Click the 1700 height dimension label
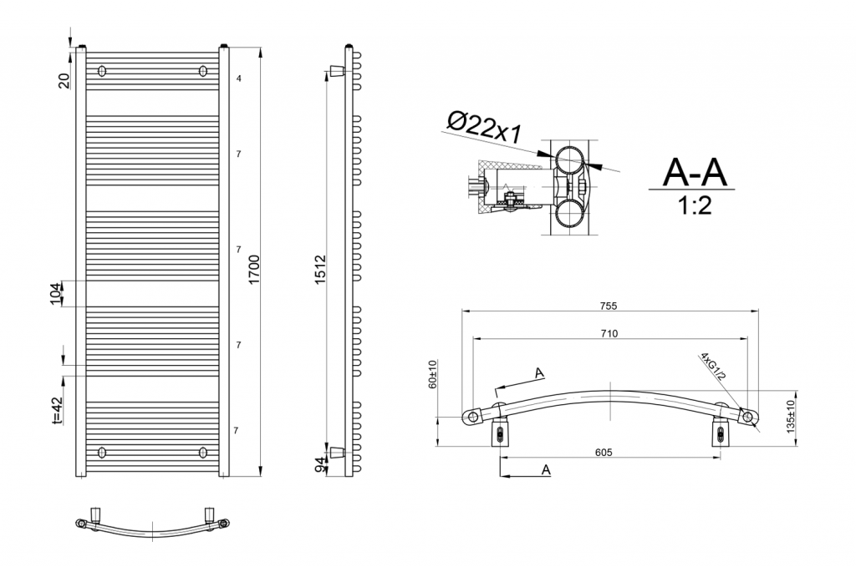[254, 269]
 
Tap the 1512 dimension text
[320, 269]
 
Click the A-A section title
[695, 172]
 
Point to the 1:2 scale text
[695, 206]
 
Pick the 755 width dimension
[609, 306]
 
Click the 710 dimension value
[609, 334]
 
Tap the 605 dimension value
[604, 452]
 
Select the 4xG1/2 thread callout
[714, 367]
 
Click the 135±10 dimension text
[791, 417]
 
